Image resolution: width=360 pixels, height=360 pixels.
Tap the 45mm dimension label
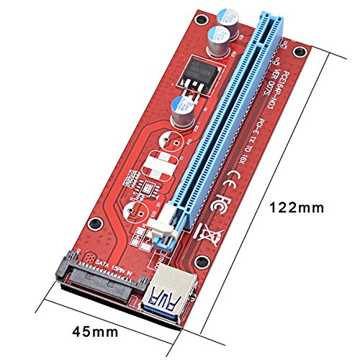(95, 331)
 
